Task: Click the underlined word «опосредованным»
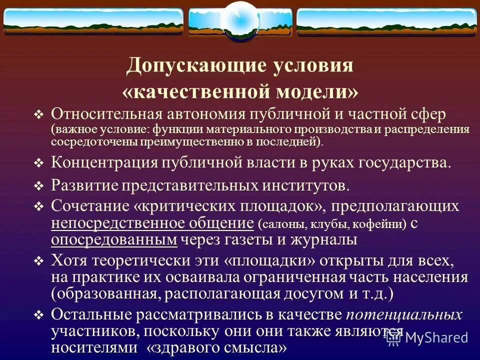pos(114,239)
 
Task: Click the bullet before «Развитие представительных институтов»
pos(39,186)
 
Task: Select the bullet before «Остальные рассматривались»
pos(39,315)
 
